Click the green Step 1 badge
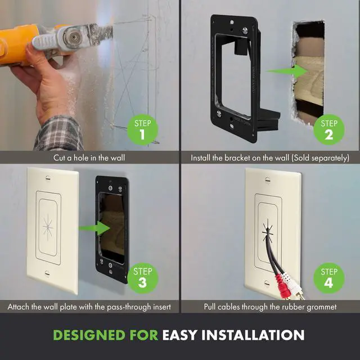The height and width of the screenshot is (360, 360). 142,130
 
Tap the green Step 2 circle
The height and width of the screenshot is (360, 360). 329,130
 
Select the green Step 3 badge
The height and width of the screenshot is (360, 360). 142,278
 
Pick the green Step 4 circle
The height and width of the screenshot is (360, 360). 329,278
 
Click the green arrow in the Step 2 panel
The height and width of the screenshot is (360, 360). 287,71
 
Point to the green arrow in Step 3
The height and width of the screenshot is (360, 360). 94,228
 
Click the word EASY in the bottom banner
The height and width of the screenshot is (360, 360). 180,335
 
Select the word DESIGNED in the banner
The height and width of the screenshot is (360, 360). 89,335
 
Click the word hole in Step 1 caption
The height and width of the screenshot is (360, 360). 80,157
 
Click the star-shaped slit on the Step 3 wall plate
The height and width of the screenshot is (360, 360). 48,227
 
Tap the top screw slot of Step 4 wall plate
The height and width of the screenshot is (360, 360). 267,180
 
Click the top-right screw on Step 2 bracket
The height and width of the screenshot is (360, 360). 245,30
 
